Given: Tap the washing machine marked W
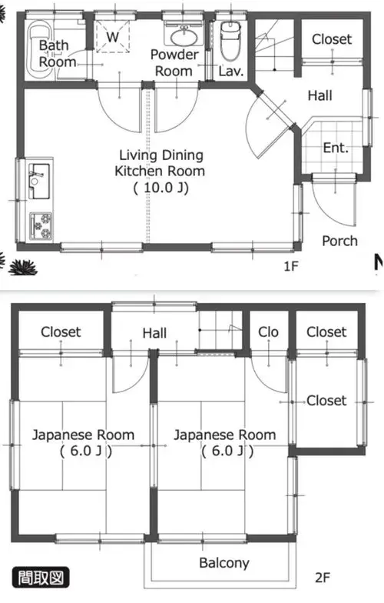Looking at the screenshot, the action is (112, 37).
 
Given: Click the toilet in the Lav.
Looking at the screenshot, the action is (230, 42).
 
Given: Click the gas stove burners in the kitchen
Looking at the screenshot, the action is (41, 226).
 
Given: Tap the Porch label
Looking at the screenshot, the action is (339, 242).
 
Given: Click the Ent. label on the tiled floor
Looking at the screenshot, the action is (336, 148).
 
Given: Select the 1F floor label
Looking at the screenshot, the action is (291, 266).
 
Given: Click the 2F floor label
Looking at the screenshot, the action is (323, 577).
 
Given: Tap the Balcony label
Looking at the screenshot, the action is (224, 563).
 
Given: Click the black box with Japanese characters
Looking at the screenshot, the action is (41, 577).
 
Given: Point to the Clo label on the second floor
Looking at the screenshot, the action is (268, 332).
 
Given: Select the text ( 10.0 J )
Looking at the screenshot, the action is (161, 188).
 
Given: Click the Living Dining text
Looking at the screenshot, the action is (161, 155).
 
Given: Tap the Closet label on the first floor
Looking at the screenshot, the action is (332, 38).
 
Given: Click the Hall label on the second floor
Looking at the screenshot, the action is (154, 333).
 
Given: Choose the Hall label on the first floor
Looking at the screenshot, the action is (319, 95).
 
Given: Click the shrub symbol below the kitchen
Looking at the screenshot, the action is (23, 268).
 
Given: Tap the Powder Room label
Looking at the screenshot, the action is (174, 63).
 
